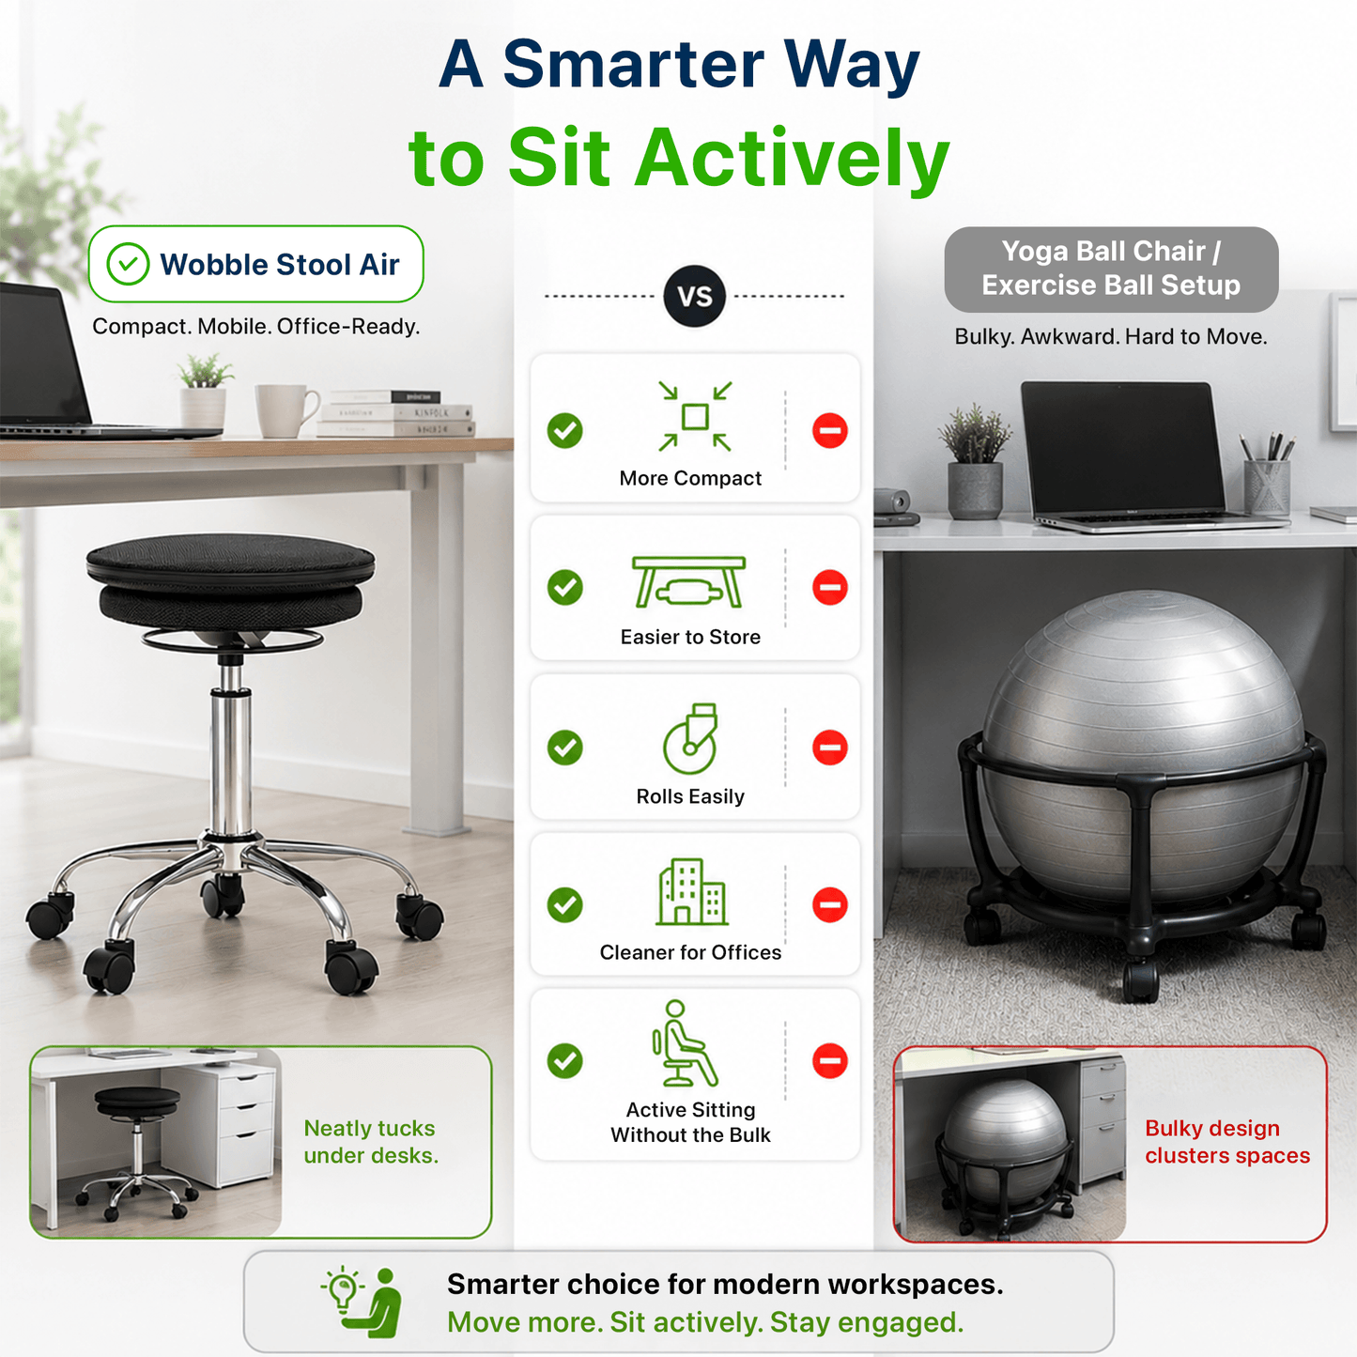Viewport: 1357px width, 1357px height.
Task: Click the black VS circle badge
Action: pos(694,296)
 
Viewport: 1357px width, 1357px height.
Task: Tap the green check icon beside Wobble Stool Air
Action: pos(128,264)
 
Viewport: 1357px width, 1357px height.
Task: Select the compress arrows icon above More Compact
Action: pos(695,416)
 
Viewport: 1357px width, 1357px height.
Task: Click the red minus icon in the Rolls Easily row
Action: pos(829,748)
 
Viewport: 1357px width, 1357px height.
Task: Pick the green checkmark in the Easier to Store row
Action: pos(564,587)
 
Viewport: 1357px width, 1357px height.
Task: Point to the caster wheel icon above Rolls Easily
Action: pos(691,738)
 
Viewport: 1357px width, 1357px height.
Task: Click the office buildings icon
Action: pos(691,891)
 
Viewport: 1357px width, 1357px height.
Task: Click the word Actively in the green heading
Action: pos(793,158)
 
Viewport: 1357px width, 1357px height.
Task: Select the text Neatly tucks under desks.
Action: pos(371,1142)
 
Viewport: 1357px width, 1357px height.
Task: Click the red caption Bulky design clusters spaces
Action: pos(1227,1142)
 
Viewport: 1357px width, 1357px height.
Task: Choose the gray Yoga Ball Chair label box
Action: pos(1111,269)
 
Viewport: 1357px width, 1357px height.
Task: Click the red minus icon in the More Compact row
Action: pos(829,430)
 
